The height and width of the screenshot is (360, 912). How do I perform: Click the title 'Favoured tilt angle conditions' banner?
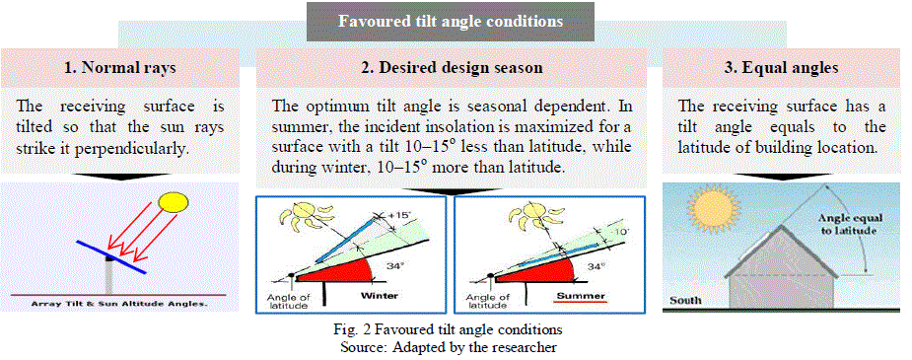[x=451, y=22]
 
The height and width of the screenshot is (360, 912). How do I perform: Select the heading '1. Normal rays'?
[x=120, y=67]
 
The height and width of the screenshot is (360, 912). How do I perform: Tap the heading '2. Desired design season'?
[x=452, y=67]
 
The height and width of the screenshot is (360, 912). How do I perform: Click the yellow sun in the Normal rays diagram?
[x=174, y=202]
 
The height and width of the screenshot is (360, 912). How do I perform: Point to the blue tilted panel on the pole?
[x=110, y=255]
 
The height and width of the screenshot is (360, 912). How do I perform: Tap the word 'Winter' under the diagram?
[x=380, y=296]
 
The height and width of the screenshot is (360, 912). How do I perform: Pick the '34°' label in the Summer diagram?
[x=593, y=265]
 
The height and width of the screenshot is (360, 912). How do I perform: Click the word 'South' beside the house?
[x=685, y=301]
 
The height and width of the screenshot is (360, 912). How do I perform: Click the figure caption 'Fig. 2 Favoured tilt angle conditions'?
[x=452, y=329]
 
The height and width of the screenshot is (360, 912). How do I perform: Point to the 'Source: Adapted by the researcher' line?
[x=452, y=348]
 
